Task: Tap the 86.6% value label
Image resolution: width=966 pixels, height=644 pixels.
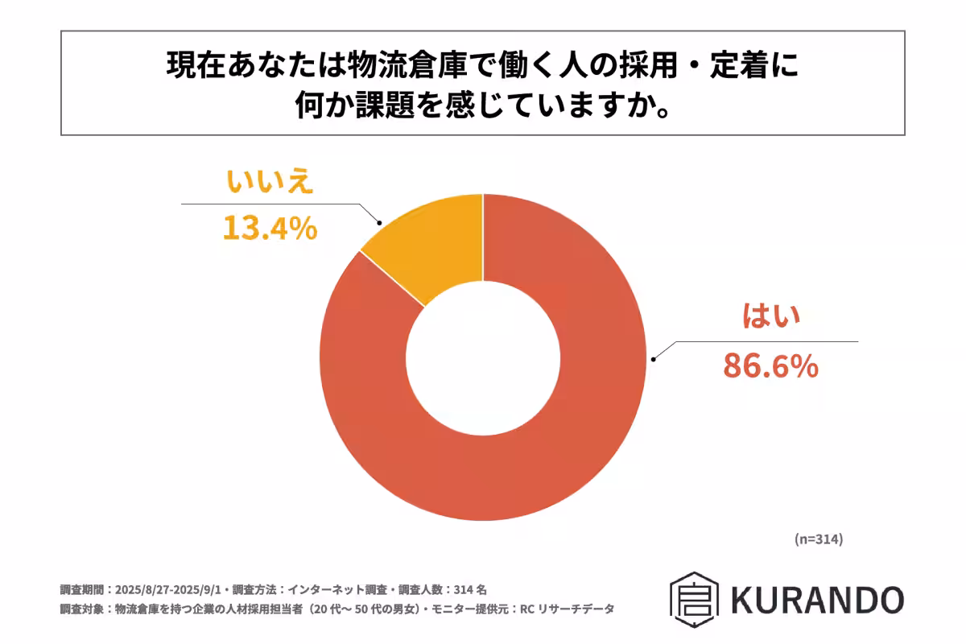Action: tap(770, 366)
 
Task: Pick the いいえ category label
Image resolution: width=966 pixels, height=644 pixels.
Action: tap(268, 184)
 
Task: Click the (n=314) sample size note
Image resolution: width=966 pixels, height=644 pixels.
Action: tap(817, 539)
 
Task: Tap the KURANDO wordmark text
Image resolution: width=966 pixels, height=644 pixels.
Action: tap(817, 600)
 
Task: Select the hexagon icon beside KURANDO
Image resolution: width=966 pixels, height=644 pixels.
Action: tap(694, 600)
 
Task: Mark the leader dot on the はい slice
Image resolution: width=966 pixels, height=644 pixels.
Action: tap(654, 359)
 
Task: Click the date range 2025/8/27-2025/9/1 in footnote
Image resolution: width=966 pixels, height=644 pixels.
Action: tap(174, 589)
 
